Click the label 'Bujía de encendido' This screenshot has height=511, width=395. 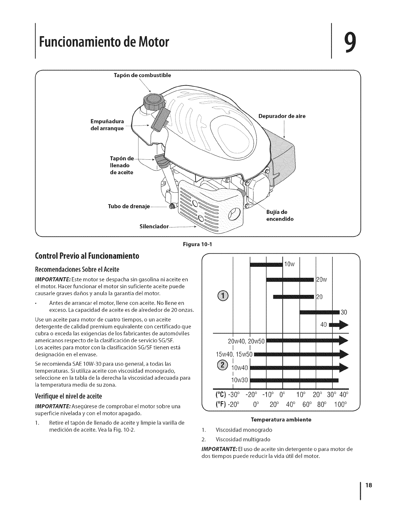pyautogui.click(x=279, y=215)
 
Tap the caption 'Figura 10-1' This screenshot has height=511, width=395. pyautogui.click(x=197, y=244)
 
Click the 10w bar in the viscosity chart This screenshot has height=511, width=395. pyautogui.click(x=266, y=265)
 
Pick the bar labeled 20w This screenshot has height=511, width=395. pyautogui.click(x=290, y=279)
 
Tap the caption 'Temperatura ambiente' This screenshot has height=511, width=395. pyautogui.click(x=280, y=420)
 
